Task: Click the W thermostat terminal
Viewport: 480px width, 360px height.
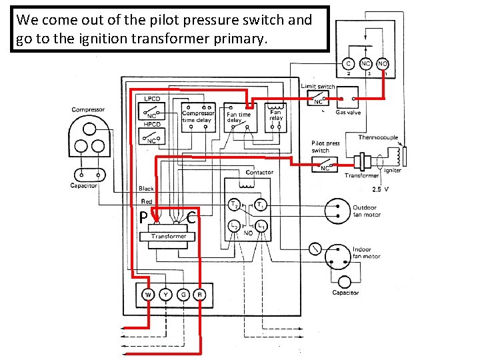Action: [x=147, y=294]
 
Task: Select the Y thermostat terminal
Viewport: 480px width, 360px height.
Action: [x=165, y=294]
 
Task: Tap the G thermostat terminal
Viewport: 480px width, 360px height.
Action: [x=182, y=294]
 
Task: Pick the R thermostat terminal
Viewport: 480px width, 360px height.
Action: [x=199, y=294]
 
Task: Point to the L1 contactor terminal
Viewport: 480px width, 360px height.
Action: [x=262, y=227]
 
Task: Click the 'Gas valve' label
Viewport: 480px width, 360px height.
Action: [x=348, y=113]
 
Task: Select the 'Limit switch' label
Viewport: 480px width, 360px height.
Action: [x=318, y=86]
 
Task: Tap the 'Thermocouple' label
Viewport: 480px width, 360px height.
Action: [x=378, y=137]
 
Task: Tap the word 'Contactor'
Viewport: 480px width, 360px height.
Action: [x=259, y=173]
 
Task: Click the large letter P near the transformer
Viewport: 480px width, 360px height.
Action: [x=143, y=217]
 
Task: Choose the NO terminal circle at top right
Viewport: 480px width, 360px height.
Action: [x=383, y=64]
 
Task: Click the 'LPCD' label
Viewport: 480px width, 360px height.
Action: [x=152, y=98]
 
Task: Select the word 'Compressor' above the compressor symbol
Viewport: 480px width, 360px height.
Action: [x=88, y=110]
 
